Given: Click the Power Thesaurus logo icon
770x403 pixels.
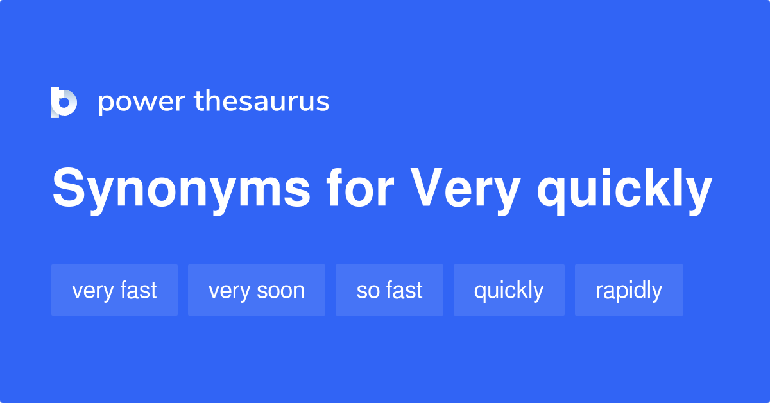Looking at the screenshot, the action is click(x=64, y=103).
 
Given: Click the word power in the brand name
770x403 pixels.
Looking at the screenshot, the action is click(x=142, y=103).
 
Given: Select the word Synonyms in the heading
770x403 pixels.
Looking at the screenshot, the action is click(x=181, y=191).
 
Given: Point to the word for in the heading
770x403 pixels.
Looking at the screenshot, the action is click(x=360, y=188).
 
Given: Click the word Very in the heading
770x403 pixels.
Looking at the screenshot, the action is click(x=465, y=191).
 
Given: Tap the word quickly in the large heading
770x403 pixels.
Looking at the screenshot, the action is click(x=624, y=191).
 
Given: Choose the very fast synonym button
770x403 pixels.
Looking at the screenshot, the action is click(x=114, y=290).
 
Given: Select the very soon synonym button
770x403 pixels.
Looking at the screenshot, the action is click(x=257, y=290).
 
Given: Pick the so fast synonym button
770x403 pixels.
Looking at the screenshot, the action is click(x=389, y=290).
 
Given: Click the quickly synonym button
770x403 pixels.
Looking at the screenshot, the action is click(x=509, y=290).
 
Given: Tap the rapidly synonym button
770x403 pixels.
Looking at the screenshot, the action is click(x=629, y=290).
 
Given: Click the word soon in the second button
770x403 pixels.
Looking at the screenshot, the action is click(x=280, y=291).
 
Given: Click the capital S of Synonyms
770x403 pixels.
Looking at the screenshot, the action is click(x=69, y=187).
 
